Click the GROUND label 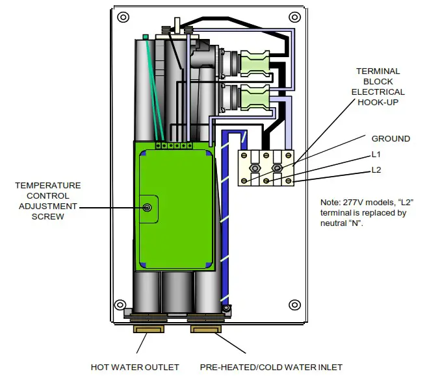(x=391, y=138)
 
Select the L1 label (x=376, y=155)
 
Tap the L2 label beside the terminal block (x=376, y=170)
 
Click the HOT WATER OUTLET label (x=135, y=367)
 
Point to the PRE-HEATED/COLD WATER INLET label (x=271, y=367)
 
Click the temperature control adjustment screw (x=148, y=208)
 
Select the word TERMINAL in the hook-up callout (x=378, y=71)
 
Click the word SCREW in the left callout (x=48, y=216)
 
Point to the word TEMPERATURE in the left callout (x=48, y=185)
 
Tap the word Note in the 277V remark (x=331, y=203)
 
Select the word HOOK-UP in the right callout (x=378, y=102)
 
